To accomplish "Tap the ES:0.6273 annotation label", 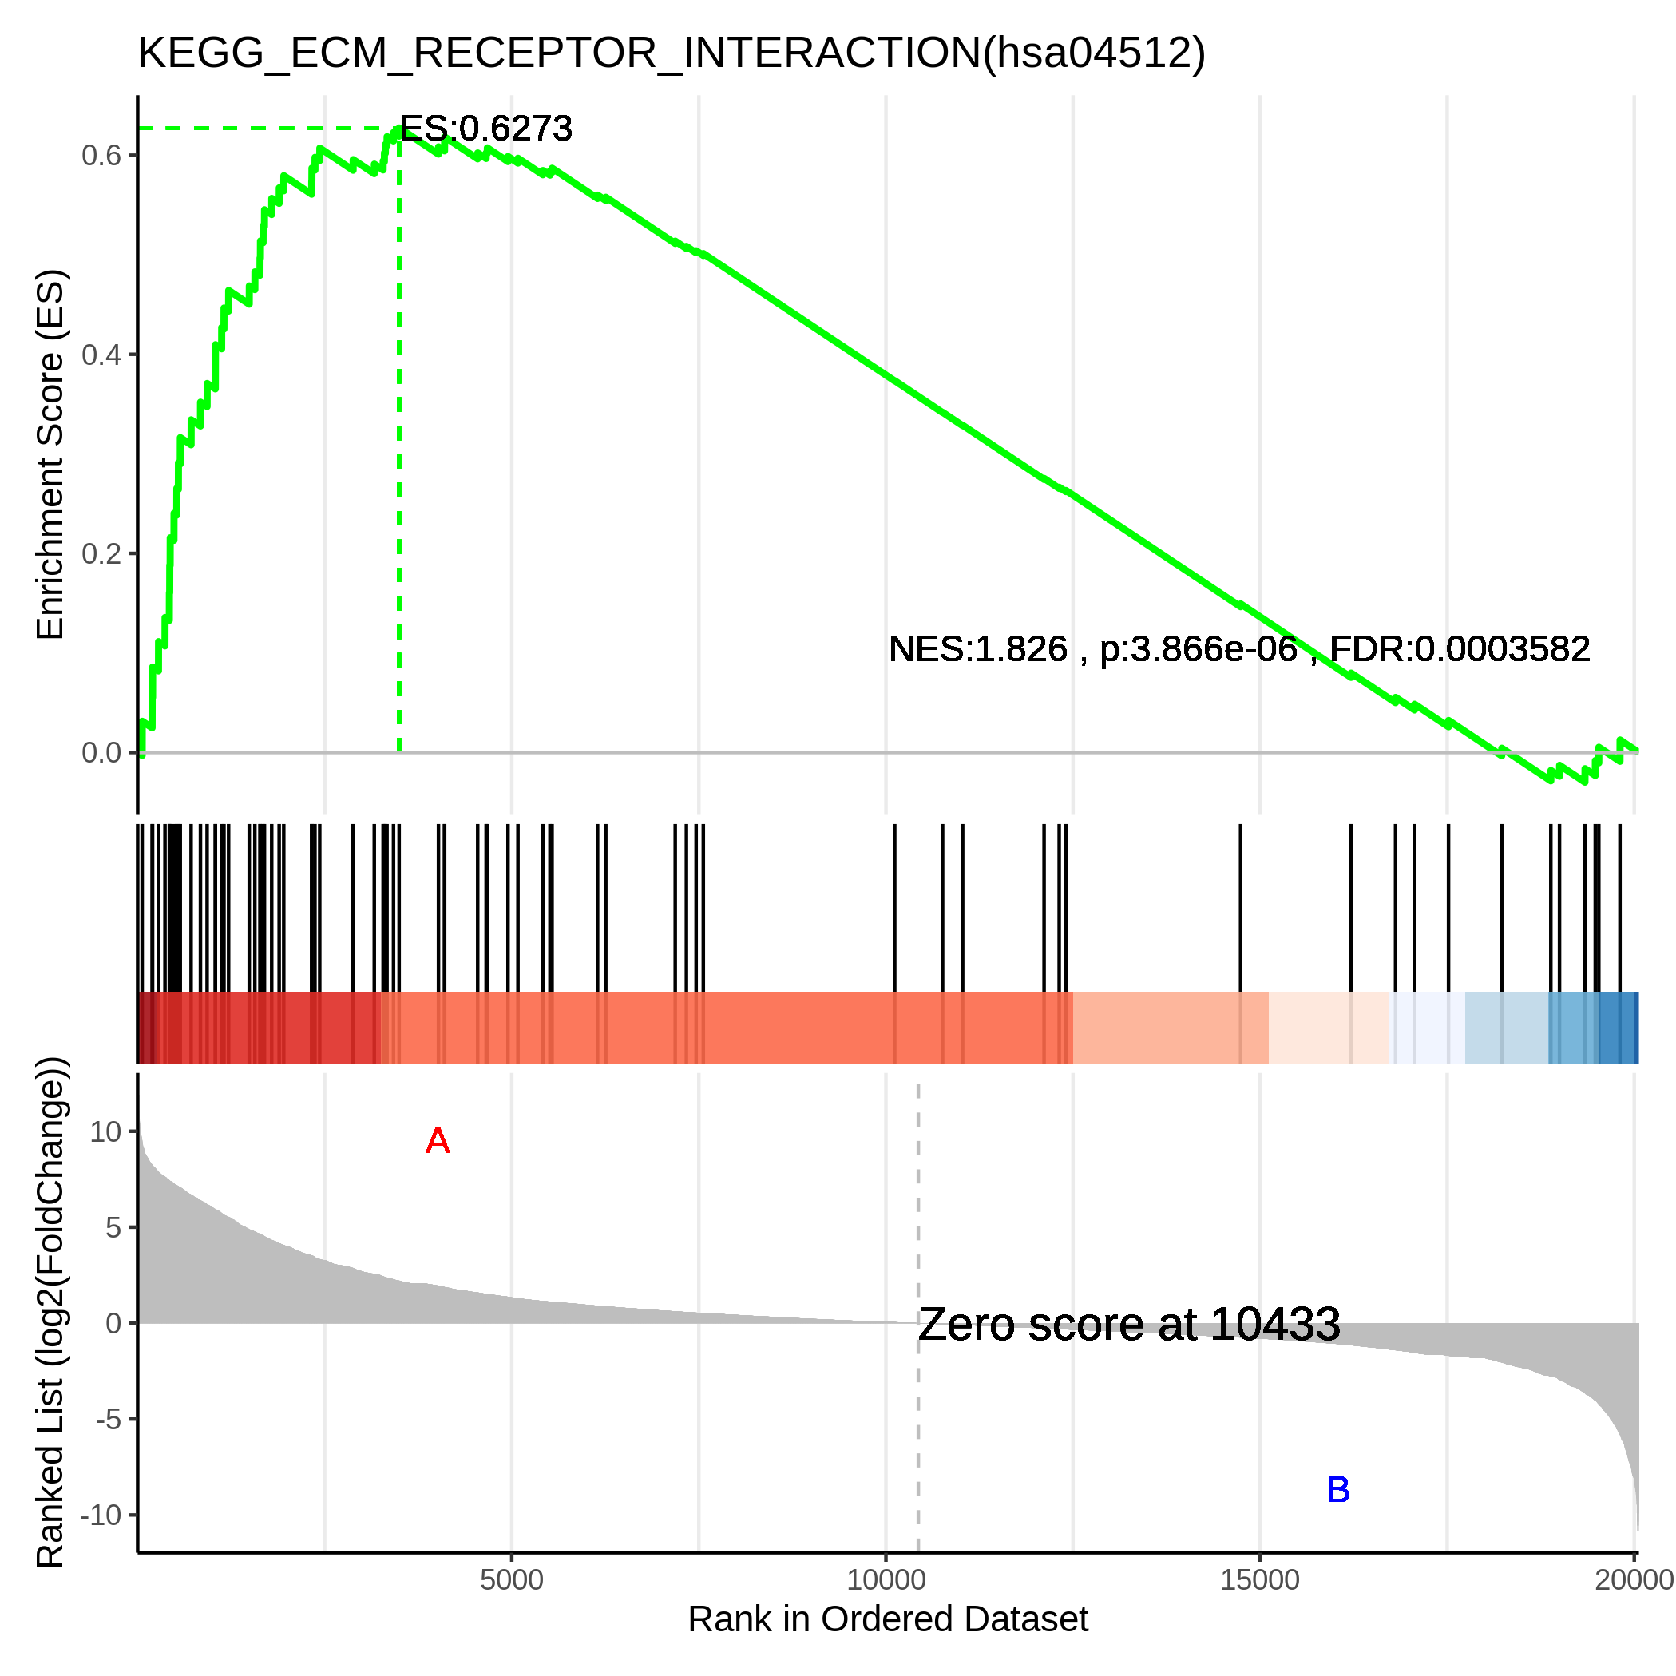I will tap(485, 129).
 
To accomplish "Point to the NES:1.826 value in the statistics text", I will tap(977, 650).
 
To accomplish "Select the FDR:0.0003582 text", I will tap(1460, 650).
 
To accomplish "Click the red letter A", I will tap(438, 1142).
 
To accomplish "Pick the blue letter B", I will tap(1337, 1491).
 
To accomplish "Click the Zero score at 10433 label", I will tap(1128, 1325).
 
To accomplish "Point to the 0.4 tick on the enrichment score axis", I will tap(101, 355).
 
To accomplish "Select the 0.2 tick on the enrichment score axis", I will tap(101, 553).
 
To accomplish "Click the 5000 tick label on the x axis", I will tap(512, 1579).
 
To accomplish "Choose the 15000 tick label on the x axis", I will tap(1260, 1579).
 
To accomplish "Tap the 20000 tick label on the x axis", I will tap(1634, 1579).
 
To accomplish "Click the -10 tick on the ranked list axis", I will tap(101, 1516).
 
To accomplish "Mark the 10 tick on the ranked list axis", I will tap(106, 1132).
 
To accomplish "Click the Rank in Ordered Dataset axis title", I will tap(887, 1619).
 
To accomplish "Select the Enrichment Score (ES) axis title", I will tap(50, 454).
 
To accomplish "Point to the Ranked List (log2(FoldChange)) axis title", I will tap(50, 1313).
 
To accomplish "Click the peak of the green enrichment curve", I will tap(399, 129).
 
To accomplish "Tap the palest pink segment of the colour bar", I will tap(1328, 1027).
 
